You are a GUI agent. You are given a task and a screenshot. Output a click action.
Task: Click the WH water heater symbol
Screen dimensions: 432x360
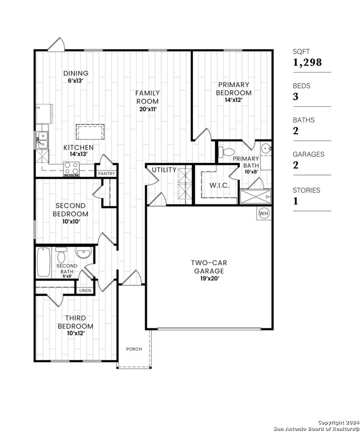[264, 213]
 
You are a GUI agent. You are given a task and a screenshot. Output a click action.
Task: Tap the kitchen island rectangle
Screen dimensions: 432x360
[91, 133]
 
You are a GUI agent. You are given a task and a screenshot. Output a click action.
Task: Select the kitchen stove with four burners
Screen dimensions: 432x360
[71, 168]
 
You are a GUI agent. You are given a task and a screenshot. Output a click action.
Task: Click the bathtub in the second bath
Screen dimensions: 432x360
[44, 263]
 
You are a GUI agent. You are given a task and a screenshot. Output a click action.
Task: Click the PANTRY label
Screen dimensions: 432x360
[106, 173]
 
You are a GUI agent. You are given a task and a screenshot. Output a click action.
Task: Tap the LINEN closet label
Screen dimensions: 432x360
[85, 290]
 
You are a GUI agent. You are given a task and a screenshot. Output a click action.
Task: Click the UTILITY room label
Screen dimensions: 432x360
[164, 169]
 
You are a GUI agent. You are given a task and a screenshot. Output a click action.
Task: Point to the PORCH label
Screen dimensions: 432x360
[134, 349]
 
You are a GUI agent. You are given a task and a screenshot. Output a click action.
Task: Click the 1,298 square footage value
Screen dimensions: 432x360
[307, 63]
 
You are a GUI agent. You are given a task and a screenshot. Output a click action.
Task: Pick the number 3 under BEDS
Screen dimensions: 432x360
[296, 96]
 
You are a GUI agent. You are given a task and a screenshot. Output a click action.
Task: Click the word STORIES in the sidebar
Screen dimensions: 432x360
[306, 190]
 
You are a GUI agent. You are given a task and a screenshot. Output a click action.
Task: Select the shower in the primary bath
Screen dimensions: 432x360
[255, 196]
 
